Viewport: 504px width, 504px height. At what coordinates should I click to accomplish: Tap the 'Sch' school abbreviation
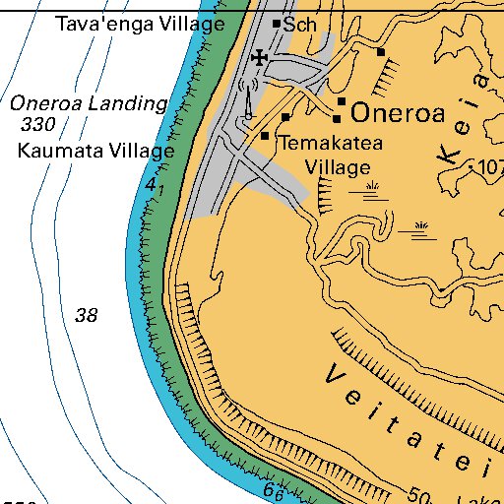point(300,26)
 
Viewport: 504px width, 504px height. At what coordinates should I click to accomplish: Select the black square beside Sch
point(277,24)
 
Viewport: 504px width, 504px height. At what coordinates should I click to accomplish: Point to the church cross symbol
point(259,58)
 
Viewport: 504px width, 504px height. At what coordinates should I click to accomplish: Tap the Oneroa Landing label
point(89,103)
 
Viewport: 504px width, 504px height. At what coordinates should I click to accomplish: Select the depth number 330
point(37,125)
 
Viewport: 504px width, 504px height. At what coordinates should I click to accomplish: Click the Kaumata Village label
point(95,152)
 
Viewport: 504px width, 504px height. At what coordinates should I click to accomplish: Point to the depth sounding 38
point(87,316)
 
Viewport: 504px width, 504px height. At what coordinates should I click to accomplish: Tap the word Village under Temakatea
point(336,167)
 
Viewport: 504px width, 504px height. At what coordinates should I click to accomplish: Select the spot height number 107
point(488,166)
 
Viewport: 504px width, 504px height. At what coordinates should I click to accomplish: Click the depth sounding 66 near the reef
point(274,489)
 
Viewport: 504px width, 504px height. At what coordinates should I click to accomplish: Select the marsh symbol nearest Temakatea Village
point(371,189)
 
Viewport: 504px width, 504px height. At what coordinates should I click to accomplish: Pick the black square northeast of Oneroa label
point(380,51)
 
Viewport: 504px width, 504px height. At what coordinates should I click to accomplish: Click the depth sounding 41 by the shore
point(152,186)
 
